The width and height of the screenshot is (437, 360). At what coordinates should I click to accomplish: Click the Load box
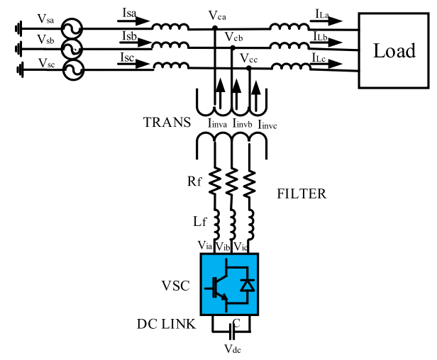pyautogui.click(x=394, y=50)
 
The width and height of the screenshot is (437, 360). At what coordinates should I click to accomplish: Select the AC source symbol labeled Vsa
pyautogui.click(x=71, y=29)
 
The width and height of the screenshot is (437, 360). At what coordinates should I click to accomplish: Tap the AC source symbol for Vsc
pyautogui.click(x=71, y=69)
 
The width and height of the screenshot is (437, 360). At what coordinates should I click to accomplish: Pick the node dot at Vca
pyautogui.click(x=215, y=28)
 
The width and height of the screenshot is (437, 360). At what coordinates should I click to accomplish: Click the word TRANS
pyautogui.click(x=167, y=122)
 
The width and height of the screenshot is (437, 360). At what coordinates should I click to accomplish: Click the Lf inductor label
pyautogui.click(x=200, y=222)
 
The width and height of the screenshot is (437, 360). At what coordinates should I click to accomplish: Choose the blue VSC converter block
pyautogui.click(x=230, y=284)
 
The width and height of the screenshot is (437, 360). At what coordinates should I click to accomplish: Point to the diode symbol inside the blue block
pyautogui.click(x=247, y=285)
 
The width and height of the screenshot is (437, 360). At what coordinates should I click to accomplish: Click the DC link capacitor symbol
pyautogui.click(x=230, y=330)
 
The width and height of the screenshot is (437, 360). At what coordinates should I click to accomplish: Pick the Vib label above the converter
pyautogui.click(x=222, y=246)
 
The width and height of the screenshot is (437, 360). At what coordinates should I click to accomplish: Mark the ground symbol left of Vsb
pyautogui.click(x=18, y=48)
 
